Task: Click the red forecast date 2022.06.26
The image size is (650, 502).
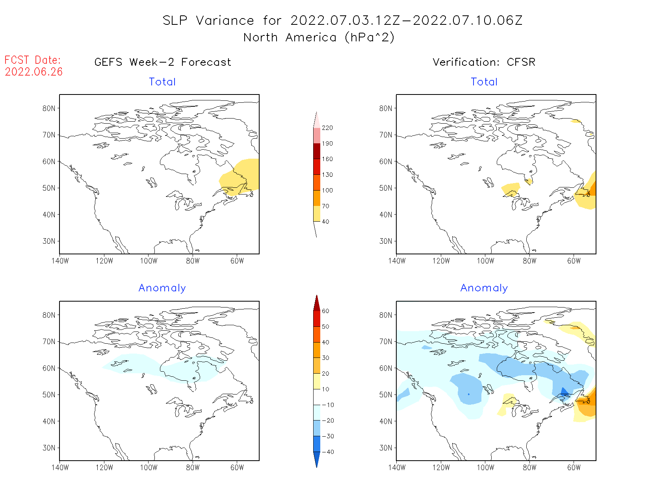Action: (33, 72)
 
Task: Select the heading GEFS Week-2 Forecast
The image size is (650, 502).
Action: (163, 62)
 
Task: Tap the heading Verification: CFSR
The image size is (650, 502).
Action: (484, 62)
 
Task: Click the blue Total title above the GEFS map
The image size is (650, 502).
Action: (162, 82)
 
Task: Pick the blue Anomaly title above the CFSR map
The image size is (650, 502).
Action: (484, 288)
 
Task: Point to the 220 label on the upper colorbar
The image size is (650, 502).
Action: (327, 128)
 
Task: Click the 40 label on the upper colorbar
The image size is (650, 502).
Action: (325, 222)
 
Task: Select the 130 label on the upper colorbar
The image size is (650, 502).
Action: (327, 175)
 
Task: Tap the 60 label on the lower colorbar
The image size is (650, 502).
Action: (325, 311)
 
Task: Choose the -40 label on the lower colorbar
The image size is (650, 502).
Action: (328, 452)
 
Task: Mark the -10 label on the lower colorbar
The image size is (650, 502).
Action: (328, 405)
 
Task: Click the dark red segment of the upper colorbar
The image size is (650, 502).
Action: (317, 151)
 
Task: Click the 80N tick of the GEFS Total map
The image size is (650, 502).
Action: (49, 109)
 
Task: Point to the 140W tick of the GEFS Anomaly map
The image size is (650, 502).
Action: (60, 468)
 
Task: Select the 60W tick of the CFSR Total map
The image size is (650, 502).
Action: (574, 261)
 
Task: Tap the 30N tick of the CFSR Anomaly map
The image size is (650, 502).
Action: (386, 448)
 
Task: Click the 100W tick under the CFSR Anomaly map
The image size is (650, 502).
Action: (485, 468)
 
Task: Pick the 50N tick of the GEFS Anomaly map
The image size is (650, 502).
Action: (49, 395)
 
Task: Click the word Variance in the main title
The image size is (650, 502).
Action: (225, 20)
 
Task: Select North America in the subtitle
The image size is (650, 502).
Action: (290, 38)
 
